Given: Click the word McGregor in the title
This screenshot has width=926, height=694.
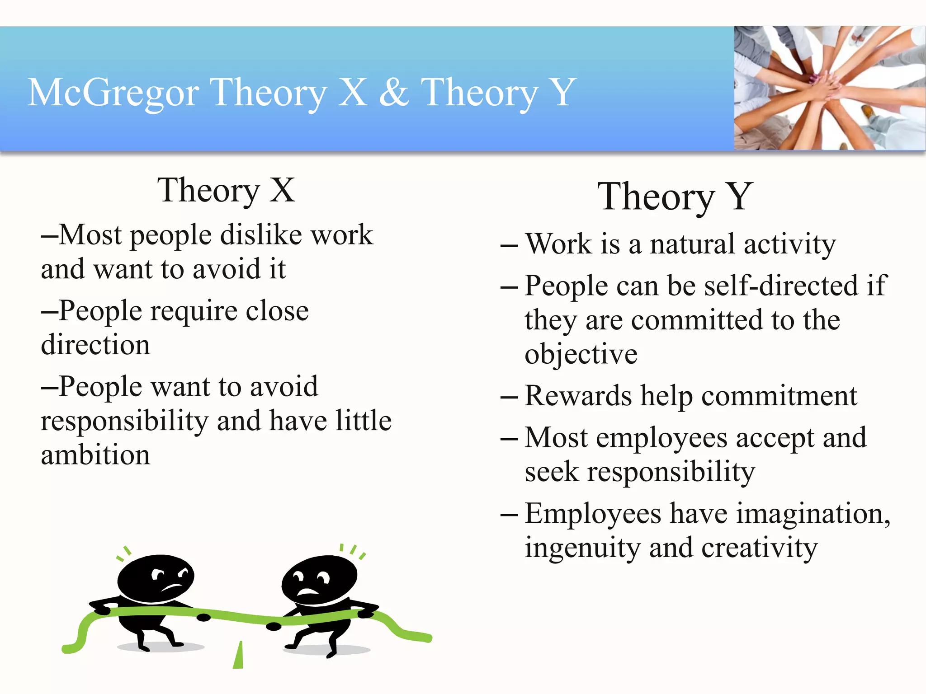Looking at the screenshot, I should [x=113, y=93].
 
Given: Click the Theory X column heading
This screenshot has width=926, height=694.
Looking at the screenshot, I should [x=226, y=190].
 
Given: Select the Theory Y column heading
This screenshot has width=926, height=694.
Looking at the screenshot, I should [x=675, y=197].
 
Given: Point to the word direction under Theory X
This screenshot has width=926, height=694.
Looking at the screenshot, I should [x=95, y=345].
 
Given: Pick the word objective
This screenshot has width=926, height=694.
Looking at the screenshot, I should [x=581, y=354].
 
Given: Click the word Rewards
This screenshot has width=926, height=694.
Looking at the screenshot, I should [x=578, y=396].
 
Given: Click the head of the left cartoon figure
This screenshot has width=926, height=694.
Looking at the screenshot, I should [x=156, y=578].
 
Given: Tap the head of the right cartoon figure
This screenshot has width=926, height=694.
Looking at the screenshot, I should [x=319, y=581].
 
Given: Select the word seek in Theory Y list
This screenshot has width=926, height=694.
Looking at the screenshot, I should [x=551, y=472].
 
